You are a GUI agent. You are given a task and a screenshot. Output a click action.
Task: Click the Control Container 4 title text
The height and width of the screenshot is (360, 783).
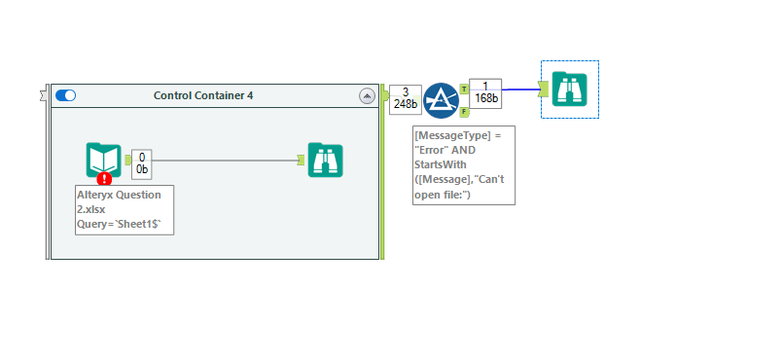pyautogui.click(x=203, y=95)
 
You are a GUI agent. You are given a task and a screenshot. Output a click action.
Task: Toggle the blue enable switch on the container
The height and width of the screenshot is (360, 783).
pyautogui.click(x=66, y=95)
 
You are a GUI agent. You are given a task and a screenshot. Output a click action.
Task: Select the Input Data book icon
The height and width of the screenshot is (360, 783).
pyautogui.click(x=104, y=160)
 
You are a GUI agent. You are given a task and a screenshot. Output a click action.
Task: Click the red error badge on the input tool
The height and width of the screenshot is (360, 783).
pyautogui.click(x=104, y=178)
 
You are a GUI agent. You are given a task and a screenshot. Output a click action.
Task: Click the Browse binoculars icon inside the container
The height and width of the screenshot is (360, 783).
pyautogui.click(x=325, y=160)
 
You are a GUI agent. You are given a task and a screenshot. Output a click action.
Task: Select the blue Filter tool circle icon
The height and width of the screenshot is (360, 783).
pyautogui.click(x=441, y=100)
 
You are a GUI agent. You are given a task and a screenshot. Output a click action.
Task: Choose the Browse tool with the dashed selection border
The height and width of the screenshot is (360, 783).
pyautogui.click(x=570, y=90)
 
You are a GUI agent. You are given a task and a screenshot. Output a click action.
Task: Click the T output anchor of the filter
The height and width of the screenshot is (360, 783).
pyautogui.click(x=464, y=89)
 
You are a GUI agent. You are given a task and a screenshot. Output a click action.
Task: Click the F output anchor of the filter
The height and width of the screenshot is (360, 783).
pyautogui.click(x=464, y=112)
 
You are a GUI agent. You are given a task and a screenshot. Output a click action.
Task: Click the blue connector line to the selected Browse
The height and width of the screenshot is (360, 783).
pyautogui.click(x=519, y=90)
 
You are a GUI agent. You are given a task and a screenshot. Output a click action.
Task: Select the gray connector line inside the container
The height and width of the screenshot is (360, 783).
pyautogui.click(x=224, y=161)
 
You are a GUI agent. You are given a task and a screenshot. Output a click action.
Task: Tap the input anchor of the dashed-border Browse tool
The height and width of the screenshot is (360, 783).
pyautogui.click(x=544, y=90)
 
